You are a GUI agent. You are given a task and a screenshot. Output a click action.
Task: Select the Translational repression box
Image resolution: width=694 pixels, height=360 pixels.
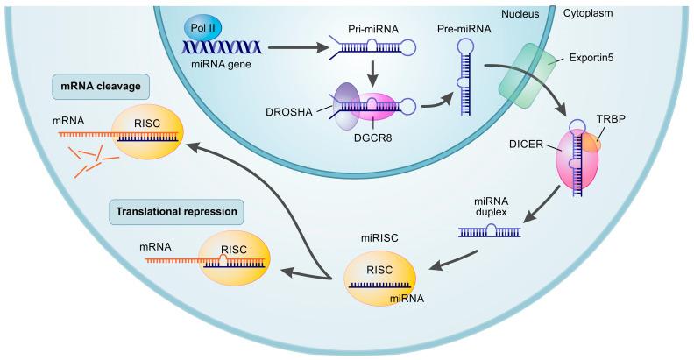click(176, 211)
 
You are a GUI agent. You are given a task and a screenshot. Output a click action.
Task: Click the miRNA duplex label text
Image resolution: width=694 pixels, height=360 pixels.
click(489, 206)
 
